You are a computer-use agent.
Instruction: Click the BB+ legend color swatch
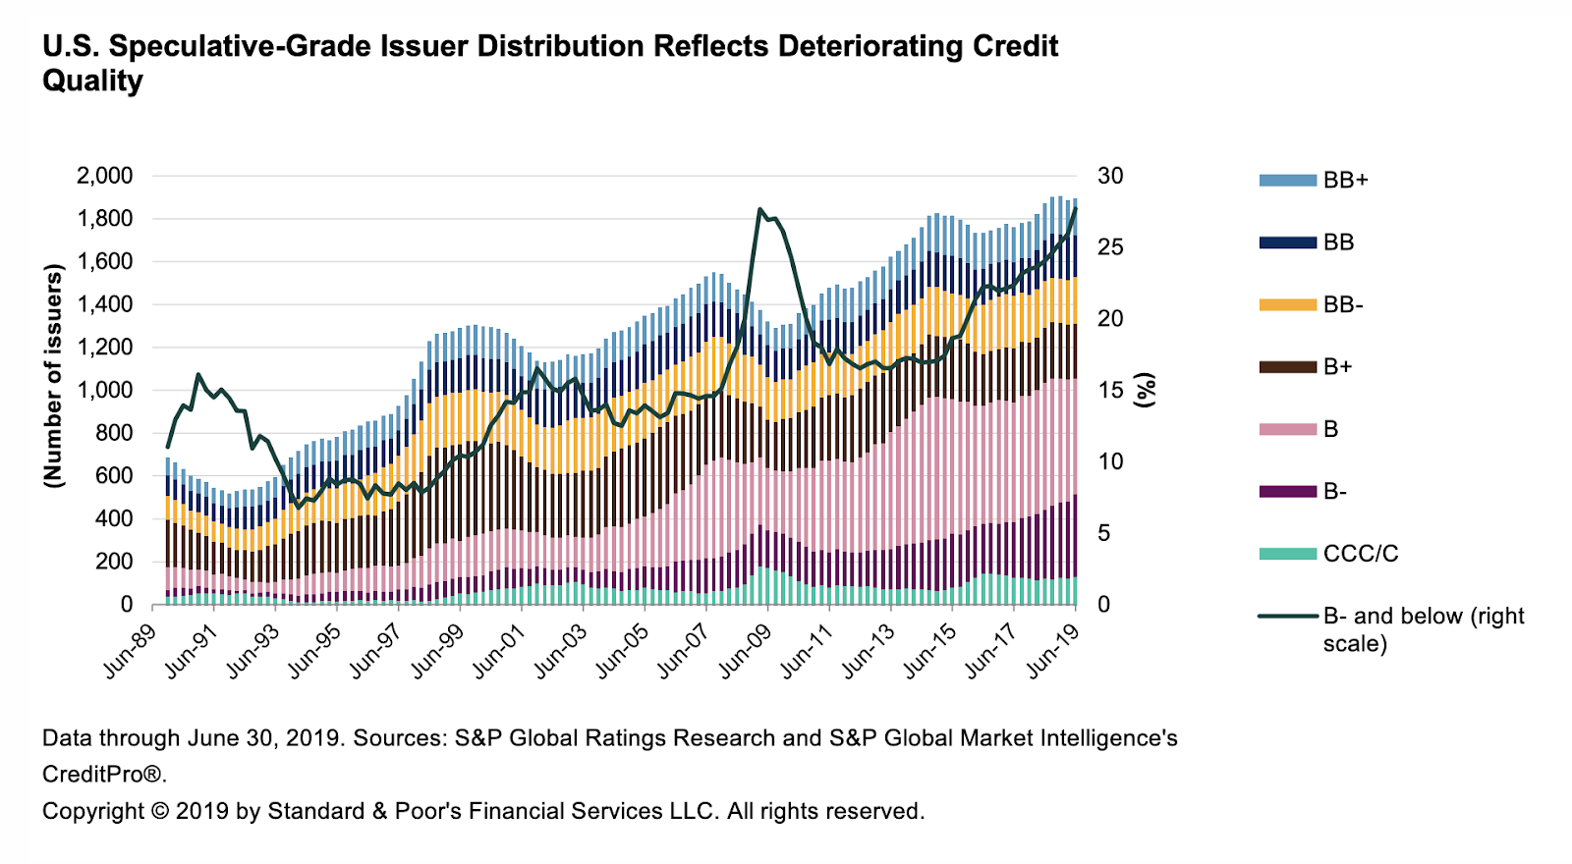coord(1287,181)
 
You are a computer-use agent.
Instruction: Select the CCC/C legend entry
coord(1360,554)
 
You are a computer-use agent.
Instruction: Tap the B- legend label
coord(1334,492)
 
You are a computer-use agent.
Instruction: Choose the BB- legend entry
coord(1342,305)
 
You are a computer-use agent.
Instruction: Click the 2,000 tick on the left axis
coord(104,176)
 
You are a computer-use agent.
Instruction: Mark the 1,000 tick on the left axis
coord(104,390)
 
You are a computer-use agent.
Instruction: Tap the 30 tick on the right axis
coord(1110,176)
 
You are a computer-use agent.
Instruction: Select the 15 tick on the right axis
coord(1110,390)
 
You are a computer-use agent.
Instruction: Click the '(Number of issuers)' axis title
coord(53,375)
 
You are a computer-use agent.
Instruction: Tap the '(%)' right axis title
coord(1145,390)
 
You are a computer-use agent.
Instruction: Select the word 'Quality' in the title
coord(92,81)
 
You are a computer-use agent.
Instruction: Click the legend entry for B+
coord(1337,367)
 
